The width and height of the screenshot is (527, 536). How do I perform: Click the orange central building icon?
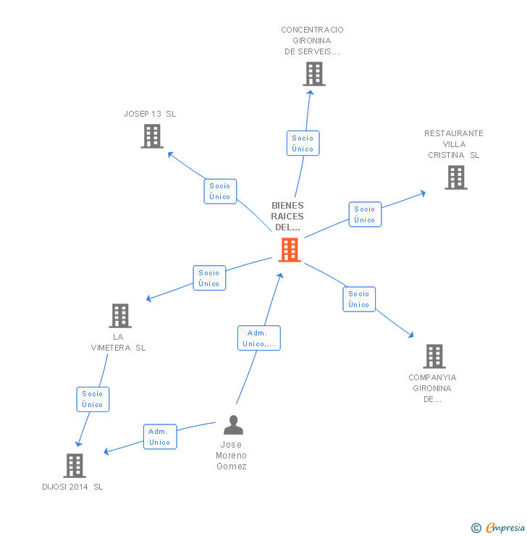click(290, 250)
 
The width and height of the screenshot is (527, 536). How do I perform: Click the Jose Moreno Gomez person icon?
click(233, 425)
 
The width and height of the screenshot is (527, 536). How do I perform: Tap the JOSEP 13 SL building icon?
click(151, 136)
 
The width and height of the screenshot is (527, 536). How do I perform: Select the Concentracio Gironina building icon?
click(313, 74)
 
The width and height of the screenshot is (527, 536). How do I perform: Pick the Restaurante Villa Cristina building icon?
click(455, 177)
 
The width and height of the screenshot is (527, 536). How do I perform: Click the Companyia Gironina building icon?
click(434, 356)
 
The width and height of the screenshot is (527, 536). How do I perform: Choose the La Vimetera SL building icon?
click(120, 316)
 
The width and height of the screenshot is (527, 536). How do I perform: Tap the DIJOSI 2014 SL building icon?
click(75, 466)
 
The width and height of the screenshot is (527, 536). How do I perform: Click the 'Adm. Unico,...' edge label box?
click(258, 338)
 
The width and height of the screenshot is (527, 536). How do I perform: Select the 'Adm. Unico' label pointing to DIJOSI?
click(159, 437)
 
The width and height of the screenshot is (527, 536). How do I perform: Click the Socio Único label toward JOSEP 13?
click(220, 191)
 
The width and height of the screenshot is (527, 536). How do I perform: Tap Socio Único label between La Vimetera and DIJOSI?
click(93, 399)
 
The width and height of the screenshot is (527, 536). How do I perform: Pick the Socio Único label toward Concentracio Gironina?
click(303, 143)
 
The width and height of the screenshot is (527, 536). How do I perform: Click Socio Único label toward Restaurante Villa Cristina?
click(365, 214)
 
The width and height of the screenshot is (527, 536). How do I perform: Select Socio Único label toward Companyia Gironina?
click(359, 299)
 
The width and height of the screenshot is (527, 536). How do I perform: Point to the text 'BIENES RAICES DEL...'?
click(287, 216)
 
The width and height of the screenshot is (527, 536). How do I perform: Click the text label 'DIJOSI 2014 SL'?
click(72, 487)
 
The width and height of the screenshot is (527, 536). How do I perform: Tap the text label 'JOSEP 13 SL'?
click(150, 114)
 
